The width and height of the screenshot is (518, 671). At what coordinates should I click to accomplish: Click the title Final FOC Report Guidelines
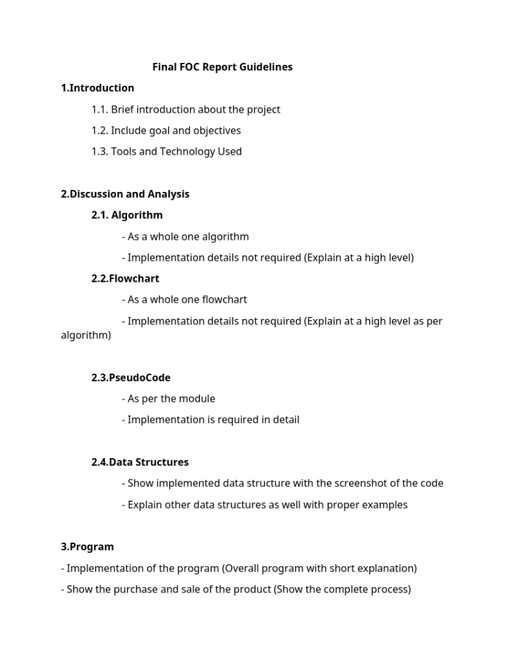222,67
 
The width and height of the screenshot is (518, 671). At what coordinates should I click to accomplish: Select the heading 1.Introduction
97,88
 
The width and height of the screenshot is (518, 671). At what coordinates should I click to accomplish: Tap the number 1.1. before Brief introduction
100,109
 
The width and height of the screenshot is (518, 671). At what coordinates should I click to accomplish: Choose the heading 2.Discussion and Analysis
125,194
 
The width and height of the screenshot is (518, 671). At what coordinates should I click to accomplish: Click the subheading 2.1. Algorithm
127,215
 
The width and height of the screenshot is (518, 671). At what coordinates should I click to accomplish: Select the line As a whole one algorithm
188,237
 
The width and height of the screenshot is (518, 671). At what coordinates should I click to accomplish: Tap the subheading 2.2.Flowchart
126,278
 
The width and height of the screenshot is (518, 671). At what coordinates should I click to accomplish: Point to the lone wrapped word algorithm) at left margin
86,334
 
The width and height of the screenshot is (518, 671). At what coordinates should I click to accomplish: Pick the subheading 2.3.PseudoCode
131,378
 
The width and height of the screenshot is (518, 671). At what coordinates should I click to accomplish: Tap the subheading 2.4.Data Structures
140,462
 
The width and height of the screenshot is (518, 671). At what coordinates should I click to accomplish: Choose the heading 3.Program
87,547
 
